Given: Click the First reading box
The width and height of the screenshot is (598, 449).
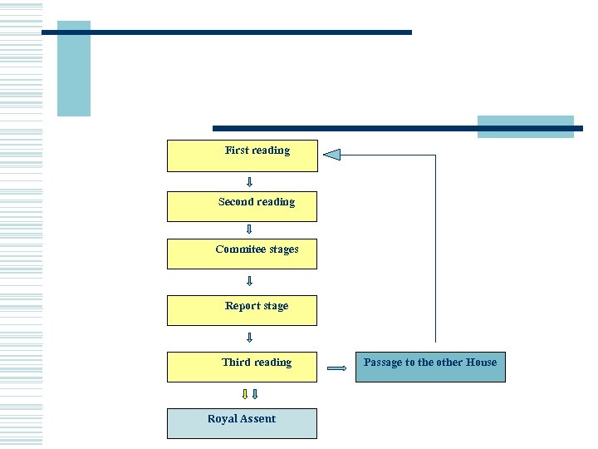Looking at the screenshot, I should tap(242, 155).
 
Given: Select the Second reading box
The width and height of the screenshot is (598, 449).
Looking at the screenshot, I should tap(242, 206).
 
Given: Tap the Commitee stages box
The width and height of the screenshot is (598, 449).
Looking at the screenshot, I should tap(242, 254).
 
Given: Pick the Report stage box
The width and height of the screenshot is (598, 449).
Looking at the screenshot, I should tap(242, 309).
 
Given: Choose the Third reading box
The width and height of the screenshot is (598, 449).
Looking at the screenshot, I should tap(242, 367).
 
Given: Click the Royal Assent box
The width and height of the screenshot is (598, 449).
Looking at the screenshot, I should tap(242, 422).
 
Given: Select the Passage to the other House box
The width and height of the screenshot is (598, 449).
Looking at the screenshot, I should tap(430, 367).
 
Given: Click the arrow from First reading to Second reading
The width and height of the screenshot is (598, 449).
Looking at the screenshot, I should tap(249, 181).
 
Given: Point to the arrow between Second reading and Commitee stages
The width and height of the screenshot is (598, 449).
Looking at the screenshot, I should tap(249, 229).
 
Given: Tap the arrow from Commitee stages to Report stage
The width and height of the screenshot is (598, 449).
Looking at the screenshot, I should tap(249, 281).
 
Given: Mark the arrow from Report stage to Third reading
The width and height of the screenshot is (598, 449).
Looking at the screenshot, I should tap(249, 338).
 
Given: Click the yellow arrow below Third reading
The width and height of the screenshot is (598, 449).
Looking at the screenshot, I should tap(244, 394).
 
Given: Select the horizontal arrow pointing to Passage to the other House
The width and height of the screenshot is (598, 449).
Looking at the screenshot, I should tap(336, 368).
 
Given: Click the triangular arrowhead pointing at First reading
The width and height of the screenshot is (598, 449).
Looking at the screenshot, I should tap(331, 155).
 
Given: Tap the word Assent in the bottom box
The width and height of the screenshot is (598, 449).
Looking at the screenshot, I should tap(259, 419).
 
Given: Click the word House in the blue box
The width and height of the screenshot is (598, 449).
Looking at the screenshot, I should tap(481, 363).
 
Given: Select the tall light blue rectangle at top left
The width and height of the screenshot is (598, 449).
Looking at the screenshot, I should tap(73, 68).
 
